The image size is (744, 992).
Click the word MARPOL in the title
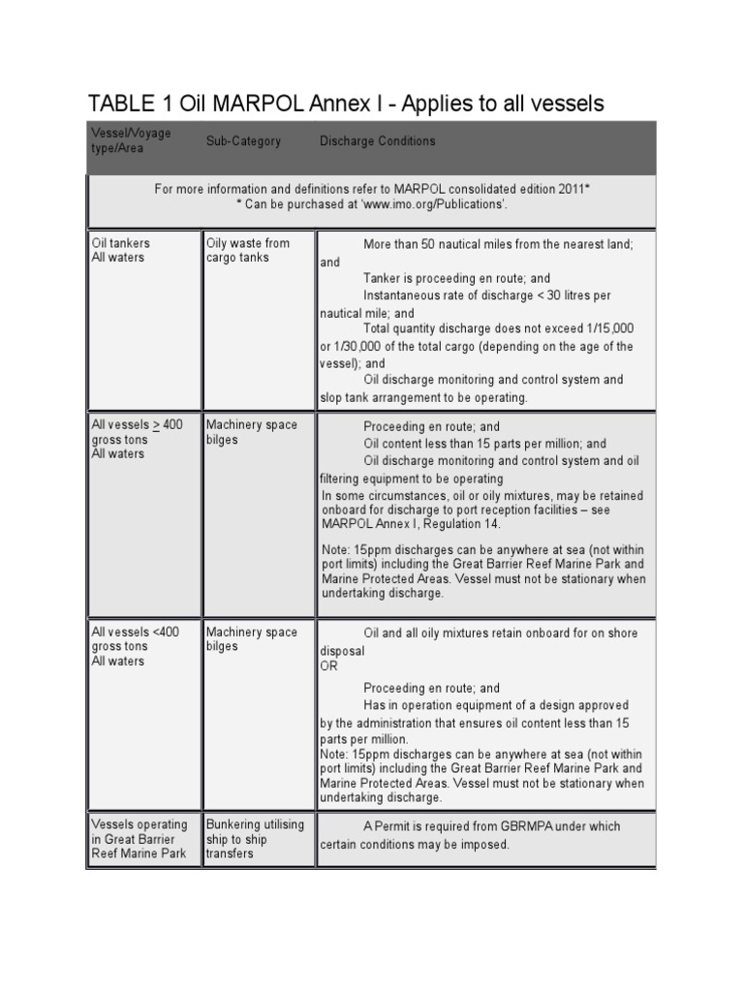(x=259, y=103)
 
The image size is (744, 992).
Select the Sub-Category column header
(x=243, y=141)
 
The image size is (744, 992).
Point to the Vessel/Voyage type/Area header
(x=131, y=141)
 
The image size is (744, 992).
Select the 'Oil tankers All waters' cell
(x=120, y=251)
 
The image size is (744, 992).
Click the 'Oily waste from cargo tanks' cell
(x=247, y=251)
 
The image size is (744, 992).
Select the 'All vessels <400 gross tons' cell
(x=135, y=646)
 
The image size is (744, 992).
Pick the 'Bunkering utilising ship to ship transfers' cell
(x=255, y=839)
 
